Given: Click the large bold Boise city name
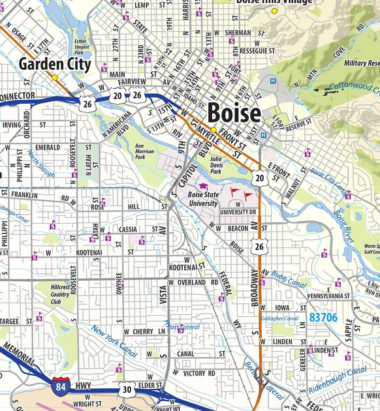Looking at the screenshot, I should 234,113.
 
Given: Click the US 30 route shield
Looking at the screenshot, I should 128,389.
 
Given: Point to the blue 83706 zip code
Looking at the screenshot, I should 324,318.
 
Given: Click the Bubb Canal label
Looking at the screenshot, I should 289,279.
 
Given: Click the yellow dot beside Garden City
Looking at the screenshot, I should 55,77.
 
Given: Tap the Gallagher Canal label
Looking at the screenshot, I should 279,318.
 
